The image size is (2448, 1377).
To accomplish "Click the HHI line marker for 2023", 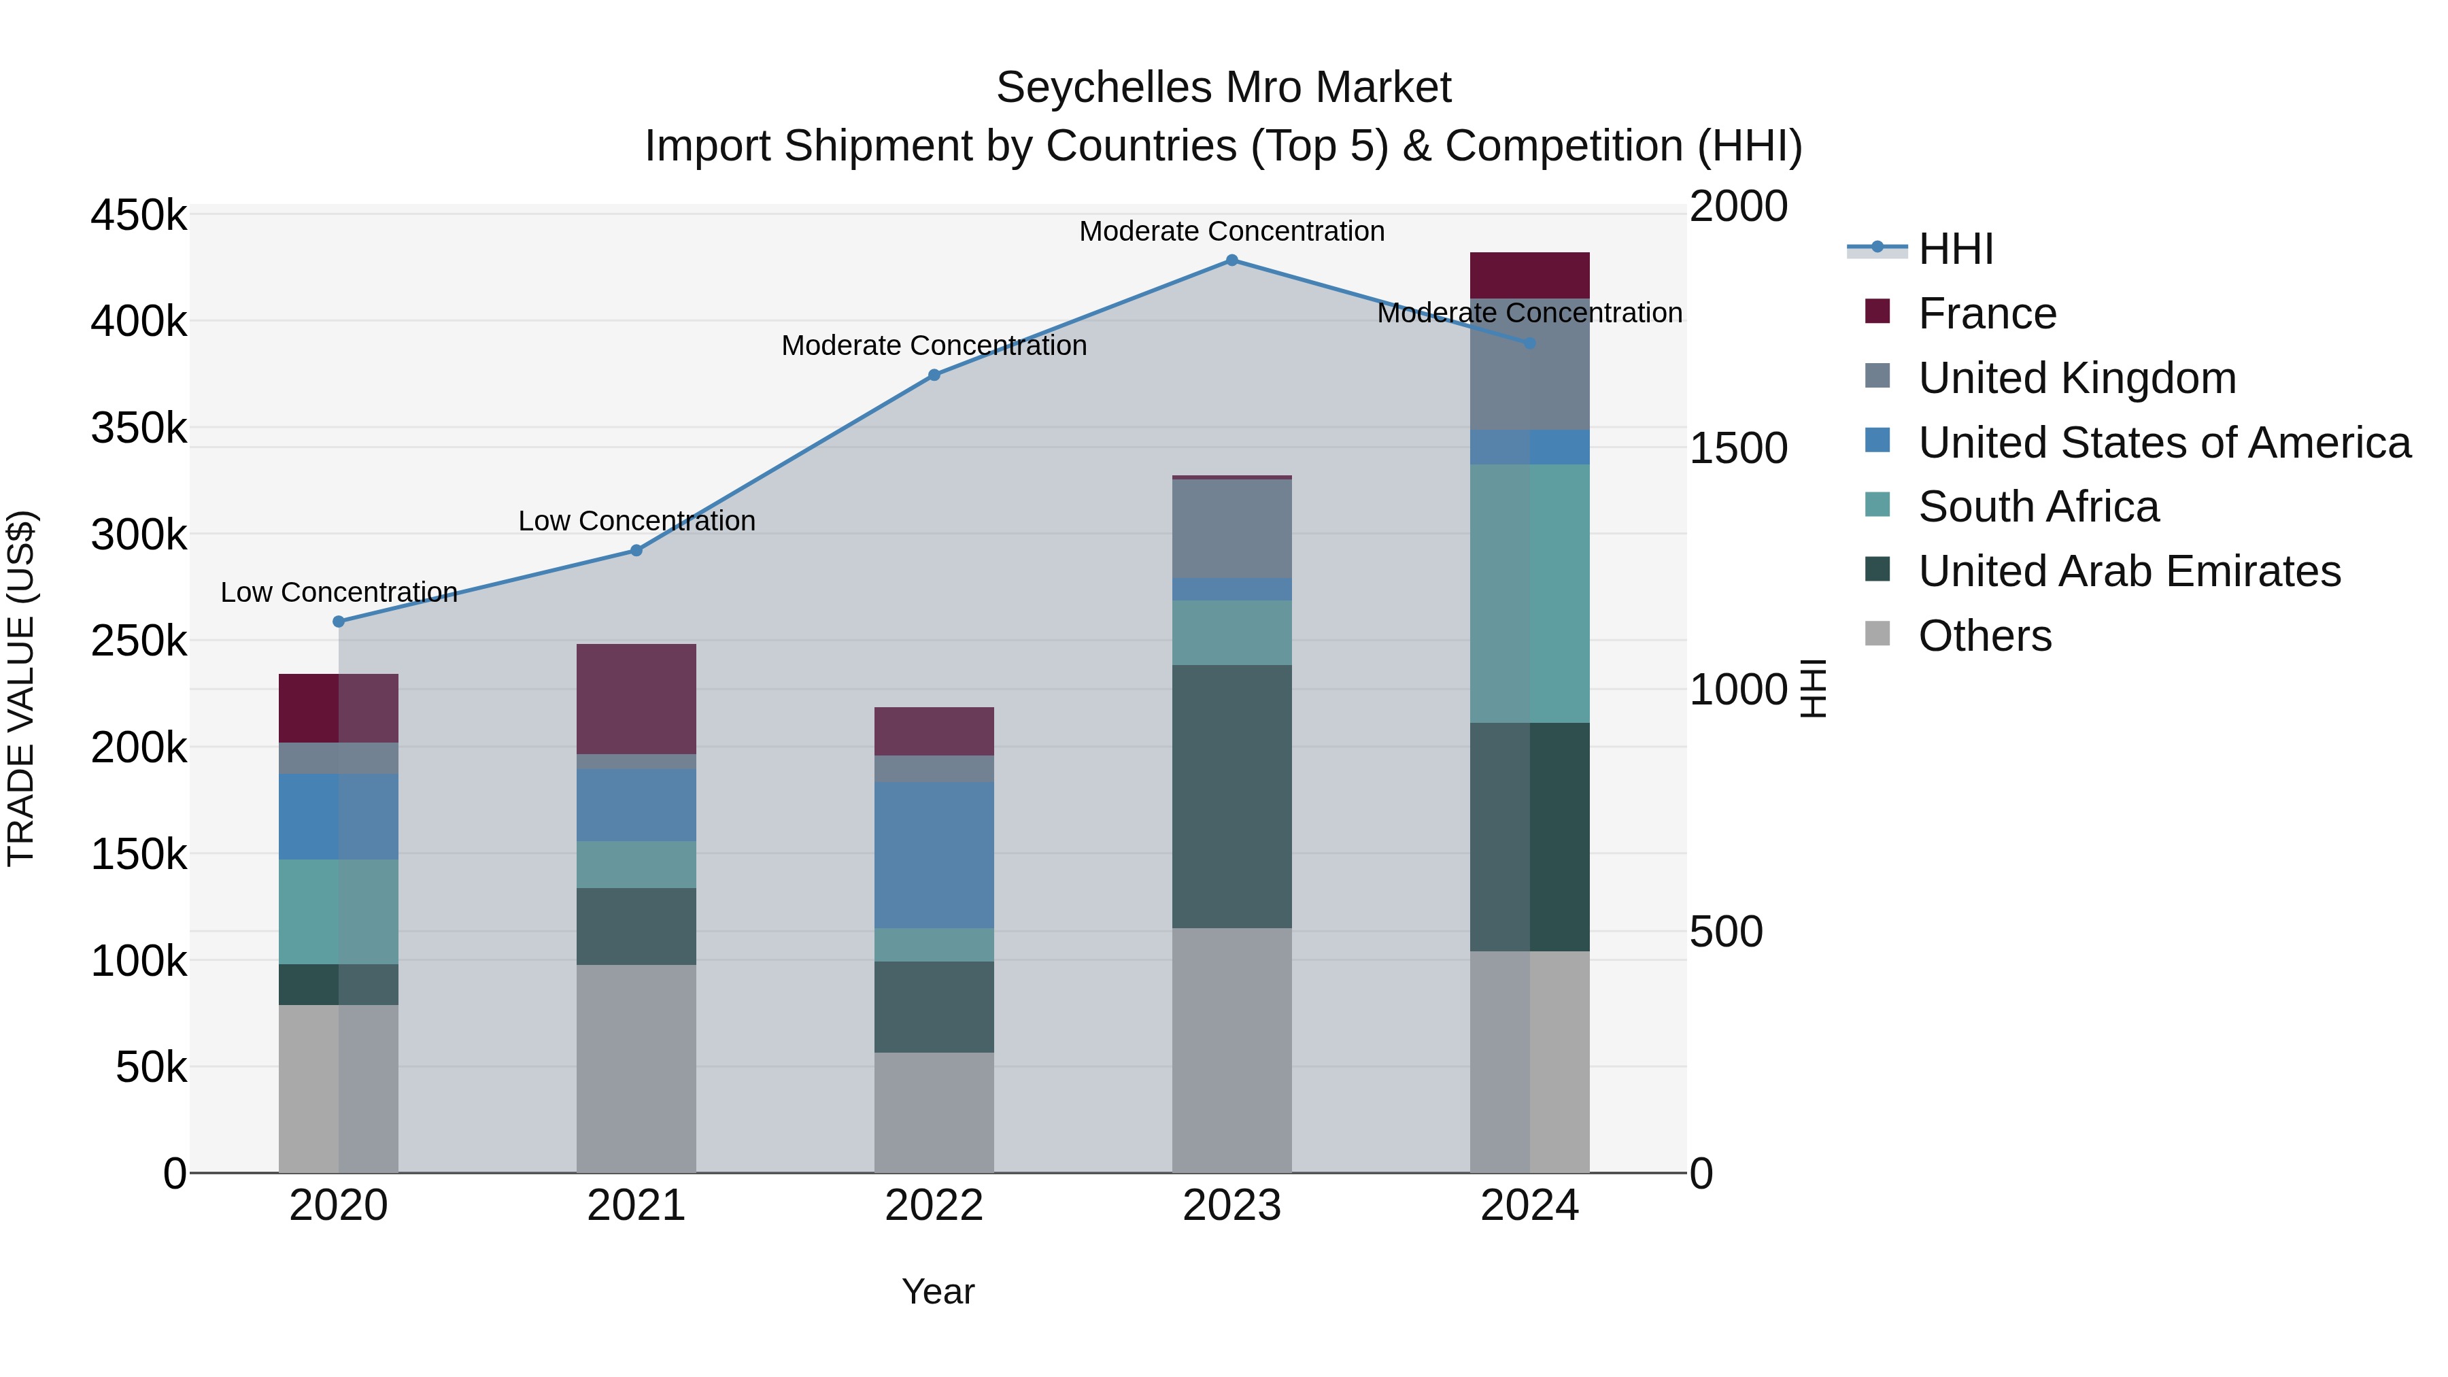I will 1231,260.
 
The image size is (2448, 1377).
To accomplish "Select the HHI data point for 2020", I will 339,622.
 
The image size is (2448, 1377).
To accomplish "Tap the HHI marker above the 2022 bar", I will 934,375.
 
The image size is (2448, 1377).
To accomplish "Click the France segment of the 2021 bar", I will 636,700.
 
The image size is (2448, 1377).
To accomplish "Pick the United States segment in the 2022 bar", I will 934,855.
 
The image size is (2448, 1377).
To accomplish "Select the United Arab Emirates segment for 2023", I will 1231,796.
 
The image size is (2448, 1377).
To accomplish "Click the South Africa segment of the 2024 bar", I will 1529,594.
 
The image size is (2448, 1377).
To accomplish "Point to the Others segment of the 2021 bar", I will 636,1068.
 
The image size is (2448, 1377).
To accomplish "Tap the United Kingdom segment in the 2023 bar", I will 1231,528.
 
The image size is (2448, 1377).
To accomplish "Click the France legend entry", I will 1986,313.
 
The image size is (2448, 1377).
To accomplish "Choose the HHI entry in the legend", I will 1956,249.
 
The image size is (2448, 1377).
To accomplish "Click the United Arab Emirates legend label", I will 2128,571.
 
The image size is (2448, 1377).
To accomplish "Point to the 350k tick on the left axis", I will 139,428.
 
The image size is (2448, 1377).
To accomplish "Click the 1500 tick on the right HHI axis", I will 1738,449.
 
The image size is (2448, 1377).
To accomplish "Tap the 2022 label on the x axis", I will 934,1206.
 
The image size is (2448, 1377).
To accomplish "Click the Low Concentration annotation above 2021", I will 636,521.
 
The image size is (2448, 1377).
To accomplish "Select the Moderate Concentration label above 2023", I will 1231,231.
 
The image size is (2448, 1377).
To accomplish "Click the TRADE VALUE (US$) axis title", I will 21,688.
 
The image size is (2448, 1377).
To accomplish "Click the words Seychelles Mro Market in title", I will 1223,88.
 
